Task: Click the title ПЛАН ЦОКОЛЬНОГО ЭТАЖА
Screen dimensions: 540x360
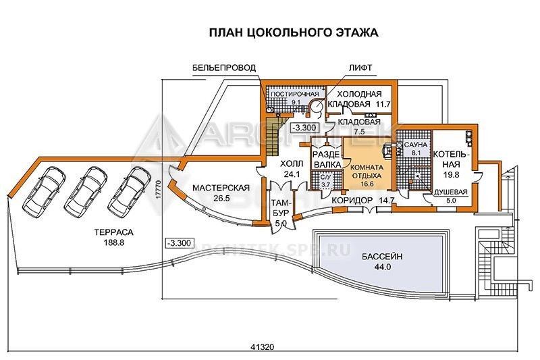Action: click(294, 32)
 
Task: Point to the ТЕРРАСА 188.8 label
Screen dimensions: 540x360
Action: click(113, 237)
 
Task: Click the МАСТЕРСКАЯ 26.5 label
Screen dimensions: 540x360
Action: click(221, 193)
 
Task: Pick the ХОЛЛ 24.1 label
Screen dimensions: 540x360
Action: click(292, 168)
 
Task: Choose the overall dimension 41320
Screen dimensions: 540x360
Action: click(262, 347)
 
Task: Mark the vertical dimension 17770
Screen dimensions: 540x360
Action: click(157, 189)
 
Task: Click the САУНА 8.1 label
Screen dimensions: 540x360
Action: click(416, 149)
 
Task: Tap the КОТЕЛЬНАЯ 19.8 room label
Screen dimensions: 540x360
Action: click(451, 164)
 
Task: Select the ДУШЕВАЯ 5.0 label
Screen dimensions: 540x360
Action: click(450, 196)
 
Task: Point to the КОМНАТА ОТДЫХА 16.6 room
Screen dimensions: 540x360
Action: click(367, 176)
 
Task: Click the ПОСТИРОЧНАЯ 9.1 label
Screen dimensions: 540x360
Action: click(295, 98)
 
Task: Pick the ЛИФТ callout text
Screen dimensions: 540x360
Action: click(360, 68)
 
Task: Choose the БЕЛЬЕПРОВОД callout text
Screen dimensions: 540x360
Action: click(224, 68)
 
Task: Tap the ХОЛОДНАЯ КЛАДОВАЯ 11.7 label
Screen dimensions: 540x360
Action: click(359, 99)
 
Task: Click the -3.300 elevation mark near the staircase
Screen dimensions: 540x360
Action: click(304, 128)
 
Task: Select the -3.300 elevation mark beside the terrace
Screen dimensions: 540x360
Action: click(178, 243)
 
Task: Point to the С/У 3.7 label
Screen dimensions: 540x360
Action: click(325, 181)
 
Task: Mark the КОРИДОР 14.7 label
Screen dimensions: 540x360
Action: click(362, 201)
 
